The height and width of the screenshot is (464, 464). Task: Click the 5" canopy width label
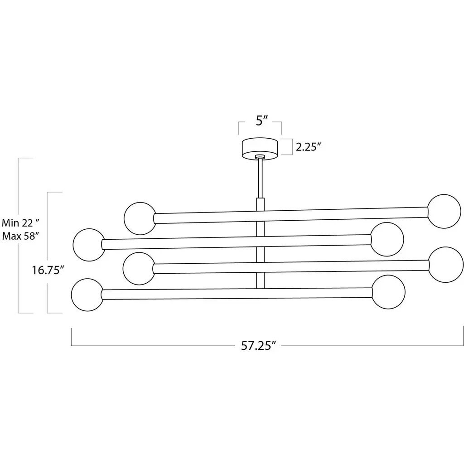tap(261, 121)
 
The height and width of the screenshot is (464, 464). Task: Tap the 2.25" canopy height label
tap(308, 147)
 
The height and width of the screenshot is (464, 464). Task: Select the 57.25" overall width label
tap(258, 345)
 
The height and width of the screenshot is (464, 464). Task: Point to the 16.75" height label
tap(48, 270)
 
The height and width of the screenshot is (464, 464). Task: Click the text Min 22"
tap(20, 222)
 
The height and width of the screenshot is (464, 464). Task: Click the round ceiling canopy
tap(260, 149)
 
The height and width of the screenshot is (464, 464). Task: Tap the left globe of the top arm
tap(140, 218)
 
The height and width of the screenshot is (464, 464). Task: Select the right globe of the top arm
tap(444, 211)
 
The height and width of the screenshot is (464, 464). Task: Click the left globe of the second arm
tap(89, 245)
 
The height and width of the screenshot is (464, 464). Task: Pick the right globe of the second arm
tap(387, 239)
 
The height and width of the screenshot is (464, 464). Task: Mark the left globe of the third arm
tap(139, 268)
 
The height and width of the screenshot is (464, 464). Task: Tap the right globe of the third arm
tap(445, 265)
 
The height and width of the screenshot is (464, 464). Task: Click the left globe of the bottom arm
tap(87, 295)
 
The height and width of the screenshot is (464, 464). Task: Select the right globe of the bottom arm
tap(388, 292)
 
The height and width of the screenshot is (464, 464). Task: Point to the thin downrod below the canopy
tap(260, 179)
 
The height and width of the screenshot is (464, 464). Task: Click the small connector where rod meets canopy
tap(260, 156)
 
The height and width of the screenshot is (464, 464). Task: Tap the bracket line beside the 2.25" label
tap(292, 147)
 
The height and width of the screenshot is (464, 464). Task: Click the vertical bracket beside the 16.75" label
tap(47, 252)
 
